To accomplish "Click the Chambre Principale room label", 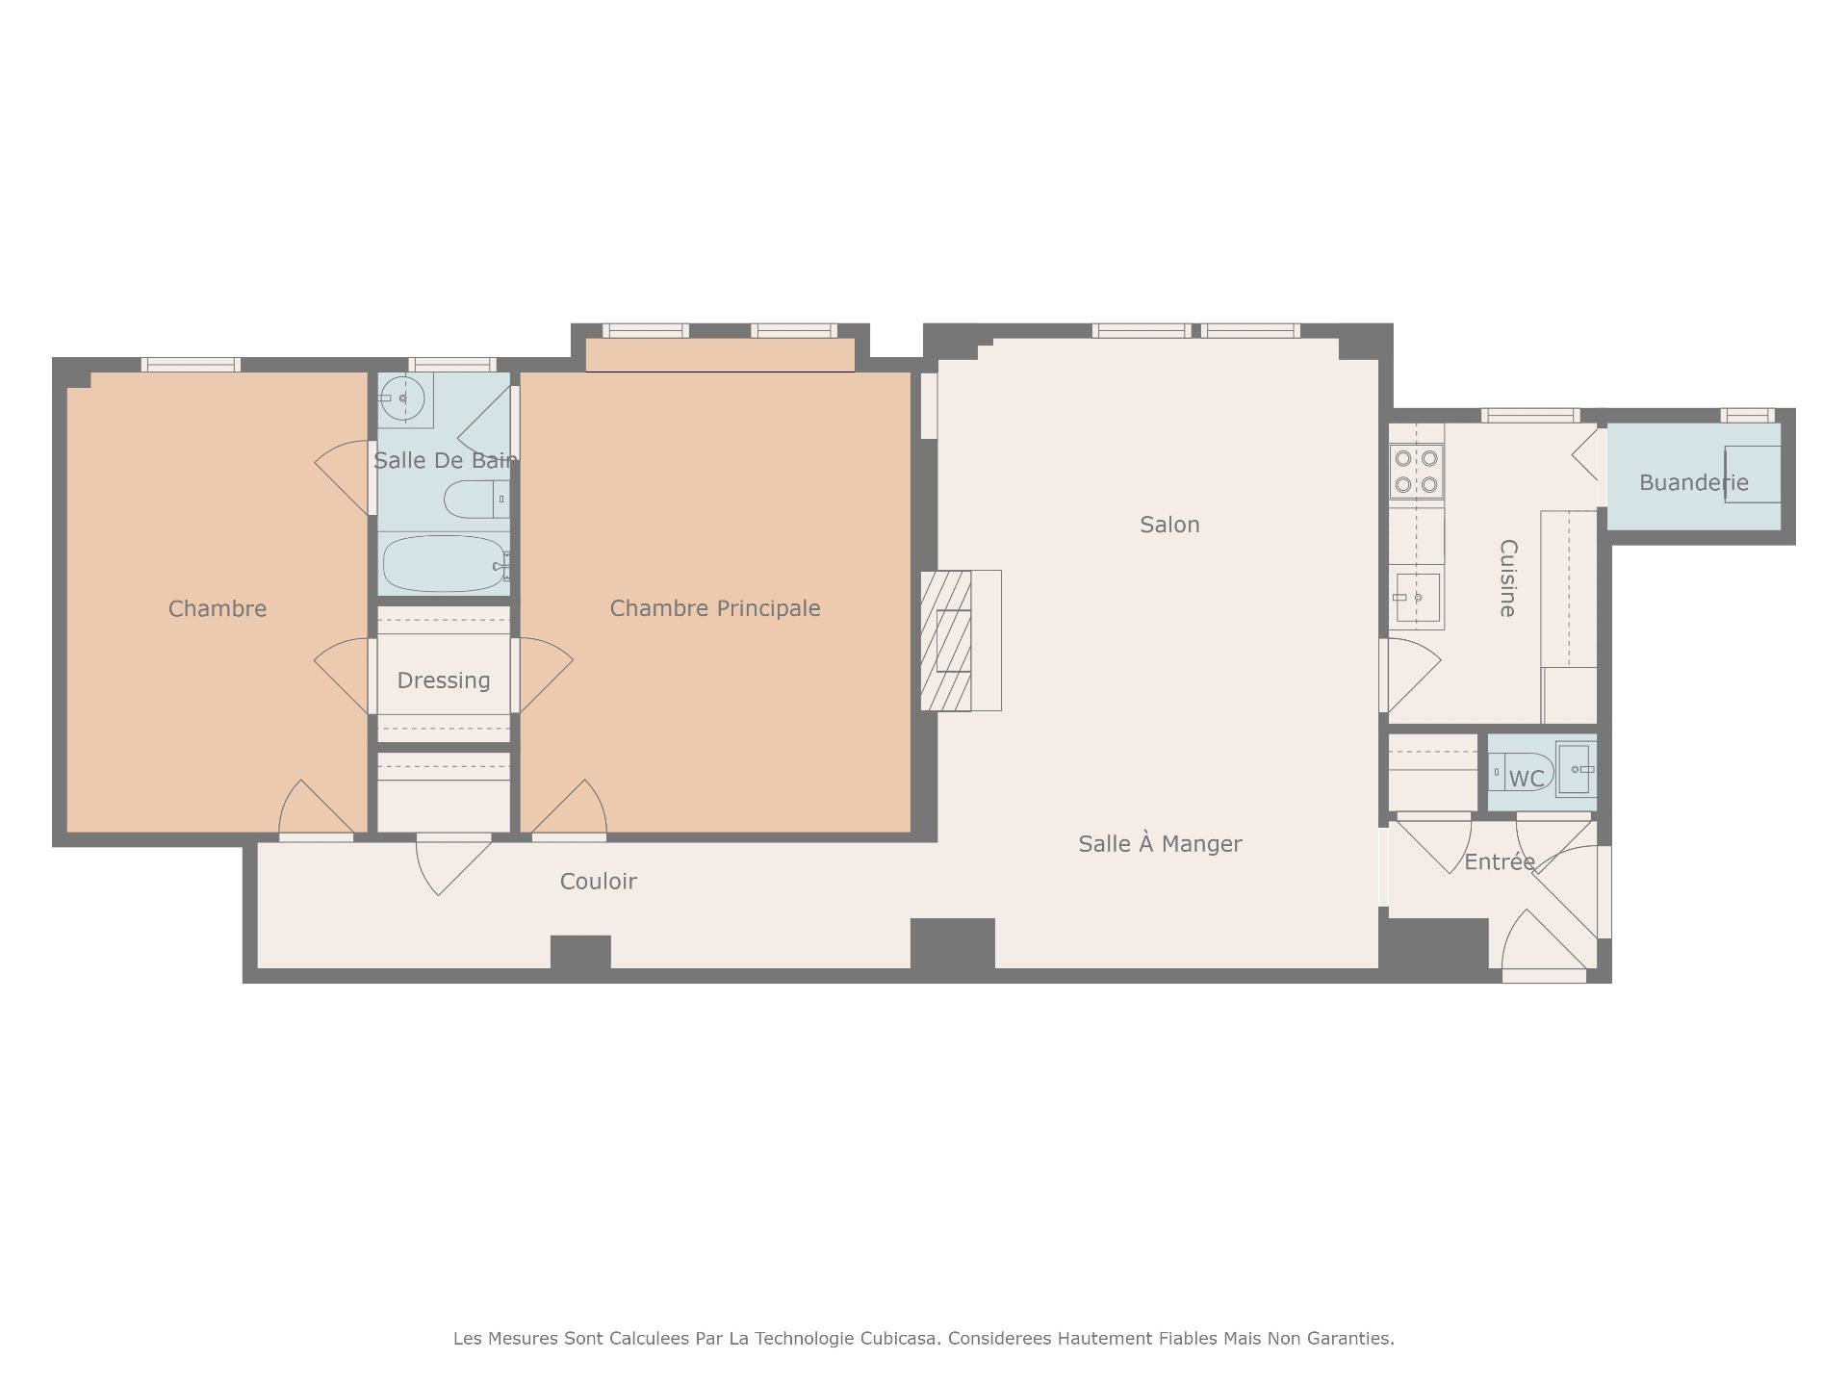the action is [715, 608].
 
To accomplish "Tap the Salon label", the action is [1169, 525].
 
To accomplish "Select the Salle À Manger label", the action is [1160, 844].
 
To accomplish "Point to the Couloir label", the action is [599, 882].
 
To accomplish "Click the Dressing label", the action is [444, 680].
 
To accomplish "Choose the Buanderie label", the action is [1694, 482].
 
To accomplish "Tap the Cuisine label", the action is [1508, 578].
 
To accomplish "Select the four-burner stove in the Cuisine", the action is [1416, 471].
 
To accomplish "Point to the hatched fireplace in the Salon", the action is [946, 640].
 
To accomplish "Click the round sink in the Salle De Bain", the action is [402, 398].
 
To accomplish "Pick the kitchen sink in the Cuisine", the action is [1416, 598].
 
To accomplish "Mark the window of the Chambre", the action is [191, 365].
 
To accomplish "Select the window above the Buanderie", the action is [1747, 416].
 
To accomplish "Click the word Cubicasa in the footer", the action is [902, 1338].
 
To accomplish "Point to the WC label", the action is [1527, 779].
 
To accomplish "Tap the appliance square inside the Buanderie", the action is [1752, 475].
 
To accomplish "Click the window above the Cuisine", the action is [1530, 416].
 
